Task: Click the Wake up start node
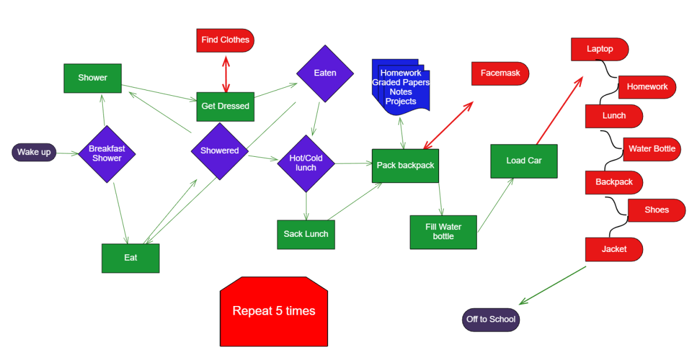(34, 152)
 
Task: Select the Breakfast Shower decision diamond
(107, 154)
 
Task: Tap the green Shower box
(93, 78)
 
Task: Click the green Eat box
(131, 258)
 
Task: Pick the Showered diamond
(220, 151)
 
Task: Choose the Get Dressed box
(225, 107)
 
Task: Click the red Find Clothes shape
(225, 41)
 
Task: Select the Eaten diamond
(325, 73)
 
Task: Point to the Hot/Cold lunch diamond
(306, 163)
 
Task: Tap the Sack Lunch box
(306, 235)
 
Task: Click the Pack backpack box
(405, 166)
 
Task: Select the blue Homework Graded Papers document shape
(401, 87)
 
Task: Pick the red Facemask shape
(500, 73)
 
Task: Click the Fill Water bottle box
(443, 232)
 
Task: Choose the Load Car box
(524, 161)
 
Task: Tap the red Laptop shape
(600, 49)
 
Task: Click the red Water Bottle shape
(652, 149)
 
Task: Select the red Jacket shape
(614, 250)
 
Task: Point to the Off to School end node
(491, 320)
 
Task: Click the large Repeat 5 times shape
(274, 311)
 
